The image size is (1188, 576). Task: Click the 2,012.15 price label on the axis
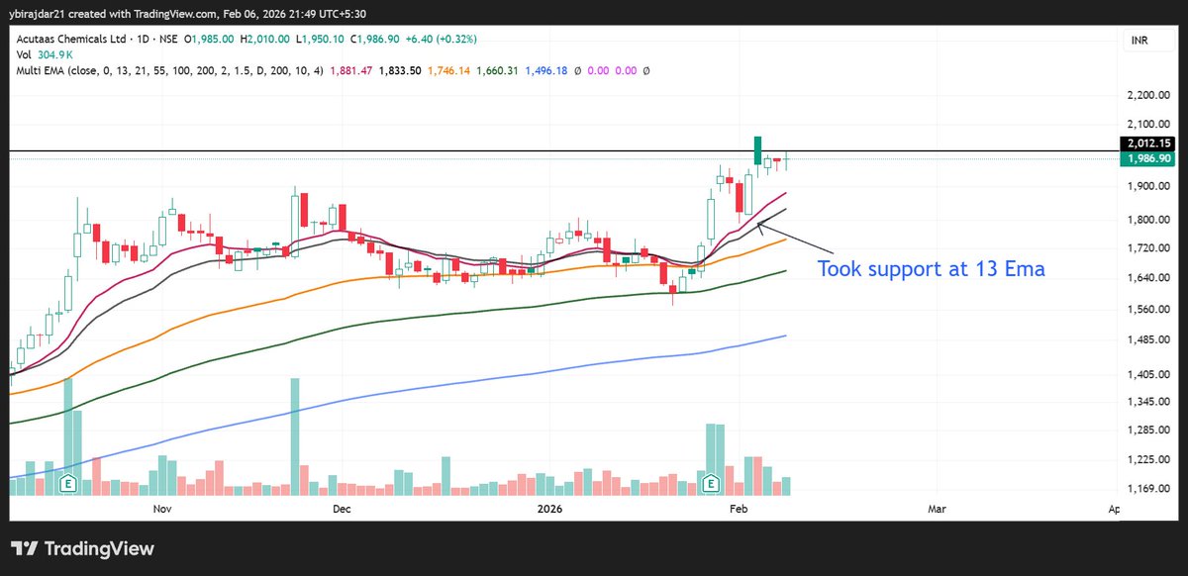click(1148, 143)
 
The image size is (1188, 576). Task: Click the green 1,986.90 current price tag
click(1148, 158)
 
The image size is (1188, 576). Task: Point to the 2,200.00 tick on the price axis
click(1148, 96)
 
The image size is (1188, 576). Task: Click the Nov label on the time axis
click(164, 509)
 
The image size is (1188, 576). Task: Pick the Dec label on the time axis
click(342, 509)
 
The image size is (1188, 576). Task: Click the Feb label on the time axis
click(738, 509)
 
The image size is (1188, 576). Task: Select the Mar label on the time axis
click(937, 509)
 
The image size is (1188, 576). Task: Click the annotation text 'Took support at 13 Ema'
click(931, 268)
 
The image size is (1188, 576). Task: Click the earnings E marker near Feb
click(711, 484)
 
